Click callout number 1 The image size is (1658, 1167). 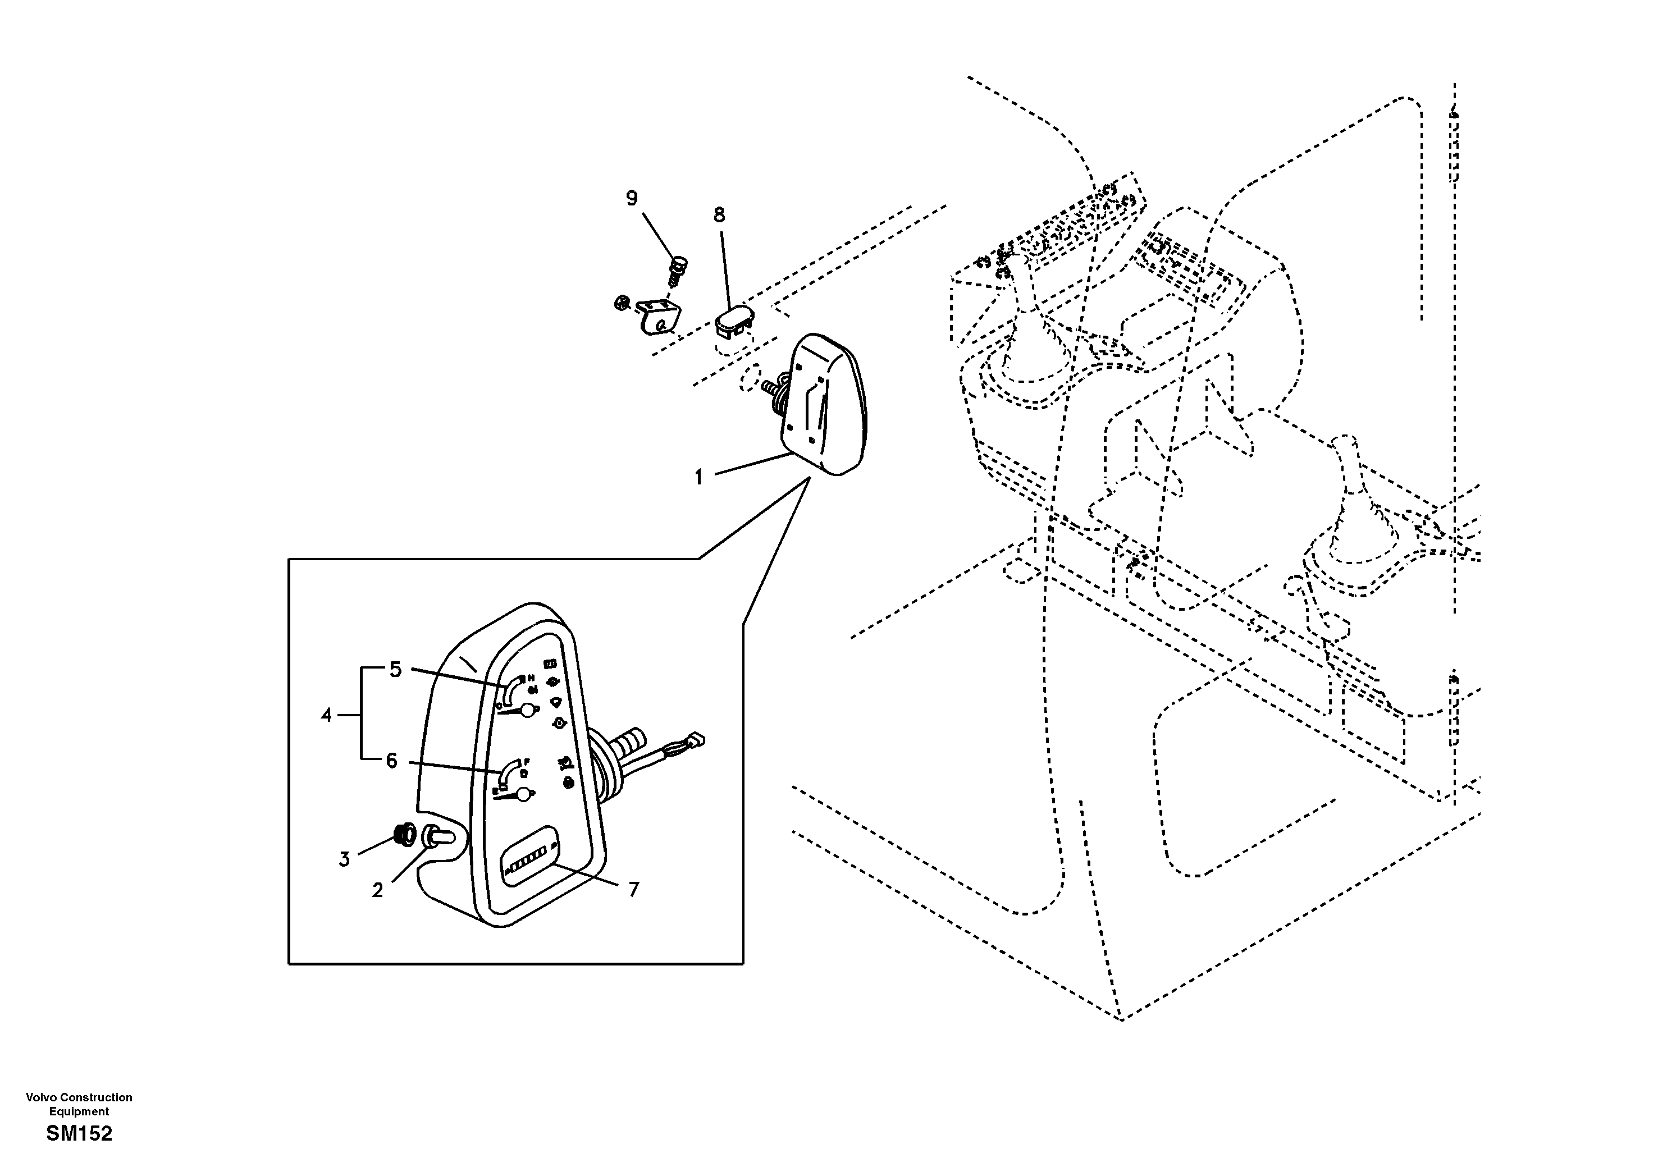click(698, 477)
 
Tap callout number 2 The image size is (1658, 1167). click(377, 890)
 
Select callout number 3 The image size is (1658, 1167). click(344, 859)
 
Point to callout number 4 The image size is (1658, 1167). click(326, 716)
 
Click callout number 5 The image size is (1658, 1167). click(395, 670)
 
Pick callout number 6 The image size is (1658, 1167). click(391, 761)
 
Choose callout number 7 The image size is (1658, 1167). click(633, 890)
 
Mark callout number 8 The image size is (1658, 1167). click(719, 214)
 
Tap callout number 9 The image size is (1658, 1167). click(632, 198)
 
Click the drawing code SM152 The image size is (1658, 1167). click(79, 1134)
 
